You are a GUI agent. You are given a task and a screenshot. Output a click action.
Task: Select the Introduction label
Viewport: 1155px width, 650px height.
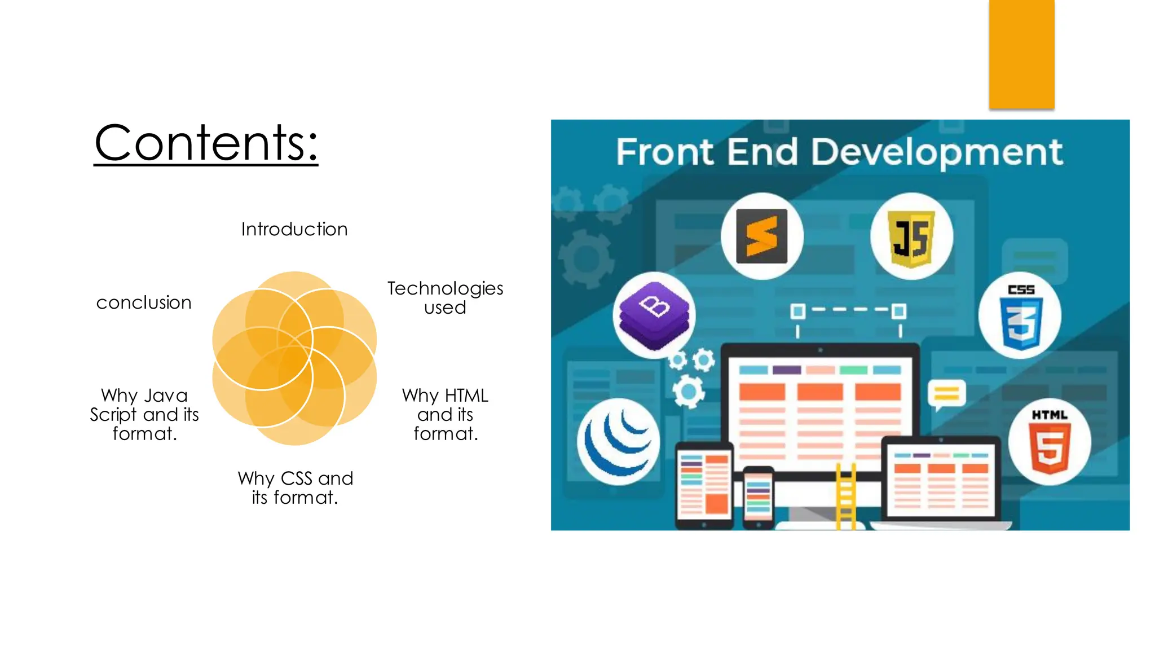coord(294,229)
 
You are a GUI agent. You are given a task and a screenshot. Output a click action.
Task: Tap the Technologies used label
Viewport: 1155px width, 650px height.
coord(445,297)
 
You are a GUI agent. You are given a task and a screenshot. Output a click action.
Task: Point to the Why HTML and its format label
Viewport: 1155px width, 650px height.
coord(445,414)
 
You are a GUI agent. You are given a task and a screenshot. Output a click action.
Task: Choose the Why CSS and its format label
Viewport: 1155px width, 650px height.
coord(295,488)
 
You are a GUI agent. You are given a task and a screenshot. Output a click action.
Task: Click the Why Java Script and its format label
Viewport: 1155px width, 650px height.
coord(144,414)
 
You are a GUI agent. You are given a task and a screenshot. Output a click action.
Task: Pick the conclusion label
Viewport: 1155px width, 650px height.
coord(144,302)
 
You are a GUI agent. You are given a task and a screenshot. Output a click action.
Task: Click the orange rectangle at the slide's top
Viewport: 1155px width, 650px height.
coord(1021,54)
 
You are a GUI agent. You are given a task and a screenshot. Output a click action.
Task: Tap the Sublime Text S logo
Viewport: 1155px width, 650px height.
coord(762,236)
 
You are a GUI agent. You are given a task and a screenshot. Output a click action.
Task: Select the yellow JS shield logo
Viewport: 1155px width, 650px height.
coord(911,238)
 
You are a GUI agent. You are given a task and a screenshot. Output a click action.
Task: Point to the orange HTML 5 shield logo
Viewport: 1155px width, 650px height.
coord(1049,443)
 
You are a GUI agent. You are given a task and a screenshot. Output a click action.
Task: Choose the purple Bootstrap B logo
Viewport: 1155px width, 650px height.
coord(654,314)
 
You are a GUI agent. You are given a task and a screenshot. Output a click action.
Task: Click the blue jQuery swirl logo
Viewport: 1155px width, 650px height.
coord(619,441)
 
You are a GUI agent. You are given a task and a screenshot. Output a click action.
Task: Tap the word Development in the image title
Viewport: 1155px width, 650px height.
coord(937,152)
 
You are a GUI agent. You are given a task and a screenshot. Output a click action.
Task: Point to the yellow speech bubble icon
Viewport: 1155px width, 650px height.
coord(946,393)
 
